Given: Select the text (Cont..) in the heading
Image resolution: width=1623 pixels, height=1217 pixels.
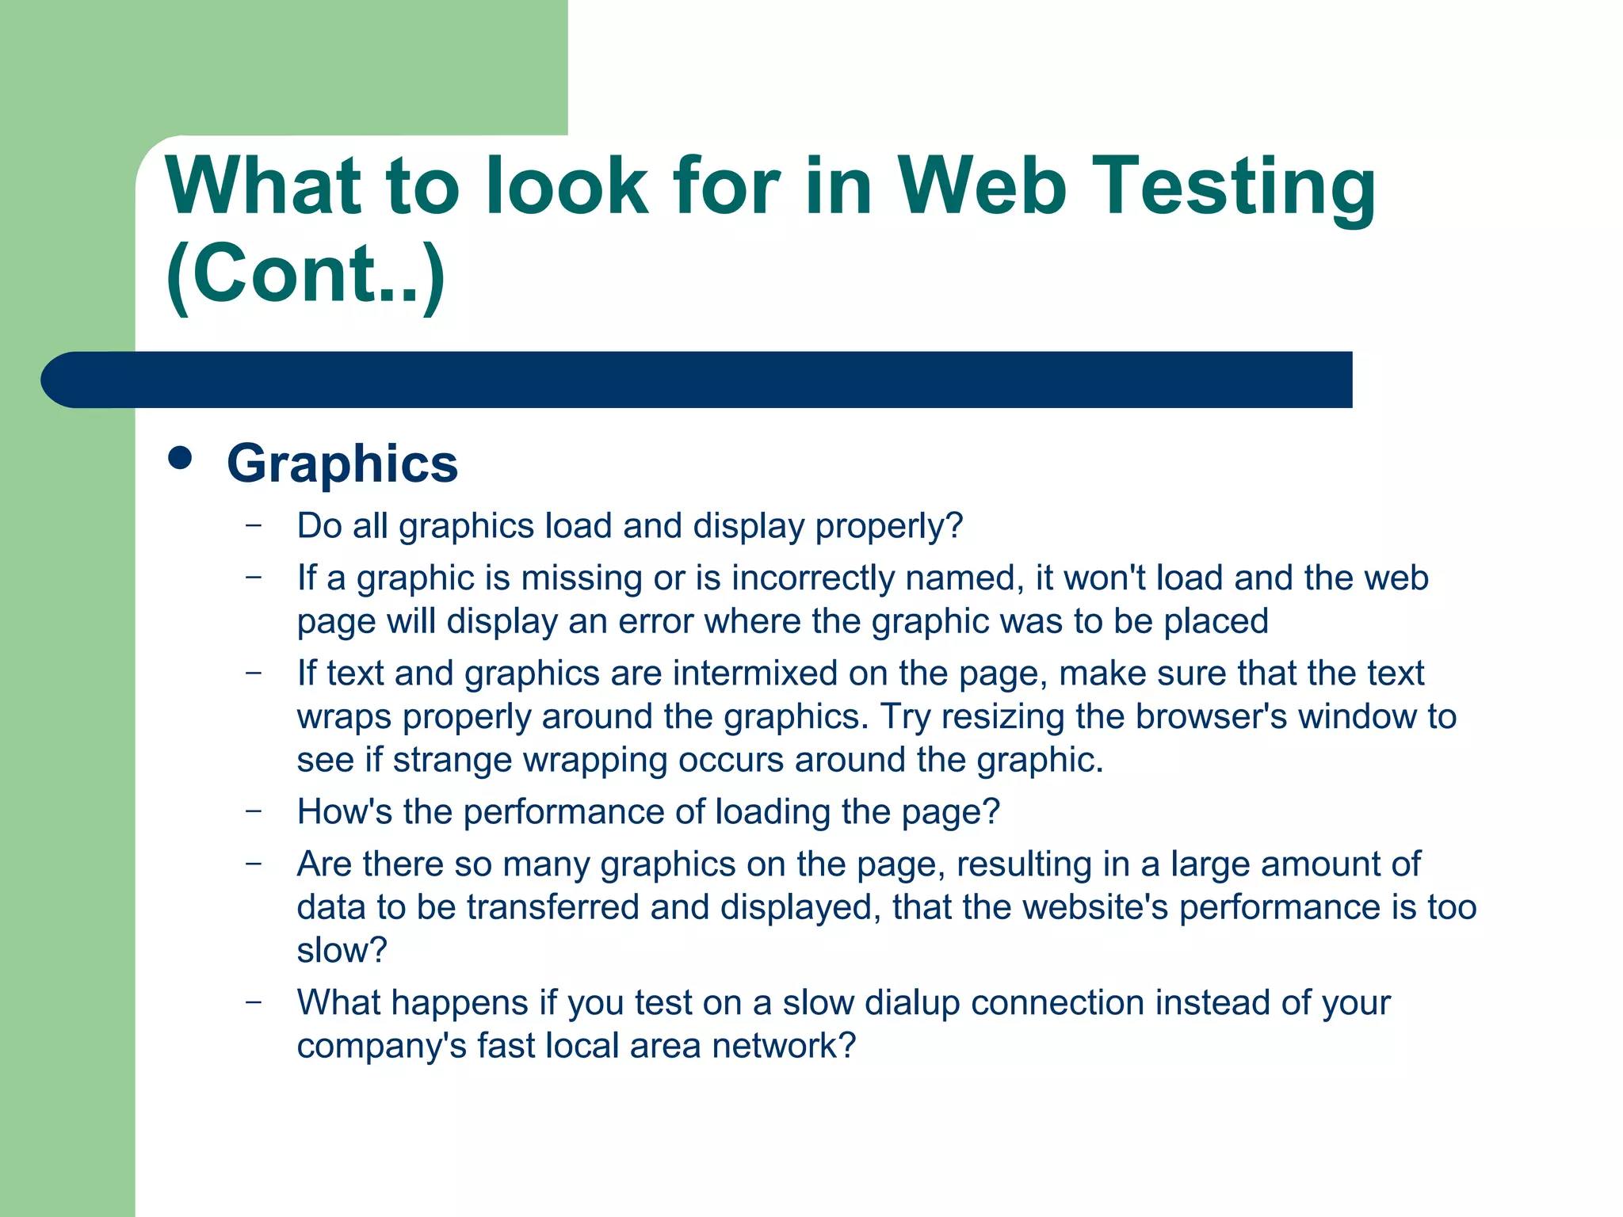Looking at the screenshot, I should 306,274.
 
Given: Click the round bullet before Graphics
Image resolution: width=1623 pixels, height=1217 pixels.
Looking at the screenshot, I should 181,458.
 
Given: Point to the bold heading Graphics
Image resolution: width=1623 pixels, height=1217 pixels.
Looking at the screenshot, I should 342,463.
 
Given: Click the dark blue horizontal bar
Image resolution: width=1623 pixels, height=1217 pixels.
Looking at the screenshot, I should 697,380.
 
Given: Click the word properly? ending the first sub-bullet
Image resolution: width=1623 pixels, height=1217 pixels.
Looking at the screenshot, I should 889,527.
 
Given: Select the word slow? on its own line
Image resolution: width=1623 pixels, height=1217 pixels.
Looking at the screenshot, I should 342,951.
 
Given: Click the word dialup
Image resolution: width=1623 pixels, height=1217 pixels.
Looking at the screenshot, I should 912,1003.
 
